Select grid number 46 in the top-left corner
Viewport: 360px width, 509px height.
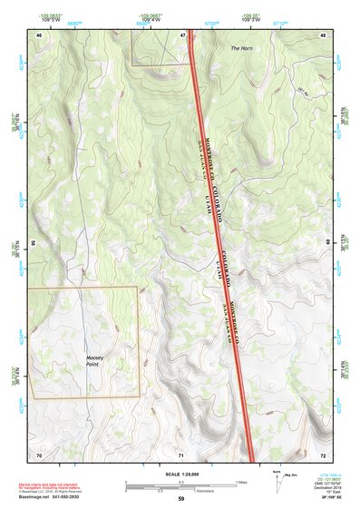tap(39, 35)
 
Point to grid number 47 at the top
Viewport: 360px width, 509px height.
tap(182, 35)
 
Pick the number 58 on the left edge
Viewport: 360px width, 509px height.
tap(34, 243)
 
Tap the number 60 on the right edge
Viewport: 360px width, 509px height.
tap(327, 243)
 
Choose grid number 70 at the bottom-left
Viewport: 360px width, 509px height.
tap(39, 453)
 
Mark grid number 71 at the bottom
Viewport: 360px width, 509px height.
tap(181, 453)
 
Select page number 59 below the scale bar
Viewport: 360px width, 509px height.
tap(180, 499)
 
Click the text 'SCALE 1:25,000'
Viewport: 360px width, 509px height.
tap(180, 474)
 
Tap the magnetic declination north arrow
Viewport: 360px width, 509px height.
tap(277, 481)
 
